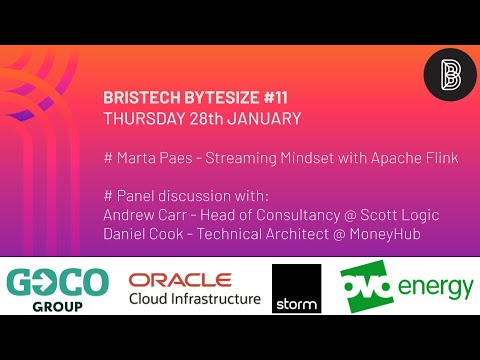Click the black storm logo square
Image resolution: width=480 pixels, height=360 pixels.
click(296, 289)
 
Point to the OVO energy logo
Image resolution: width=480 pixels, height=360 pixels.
click(406, 287)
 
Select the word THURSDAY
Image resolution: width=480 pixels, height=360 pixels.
click(141, 117)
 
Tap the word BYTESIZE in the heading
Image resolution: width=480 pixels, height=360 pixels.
click(198, 98)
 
